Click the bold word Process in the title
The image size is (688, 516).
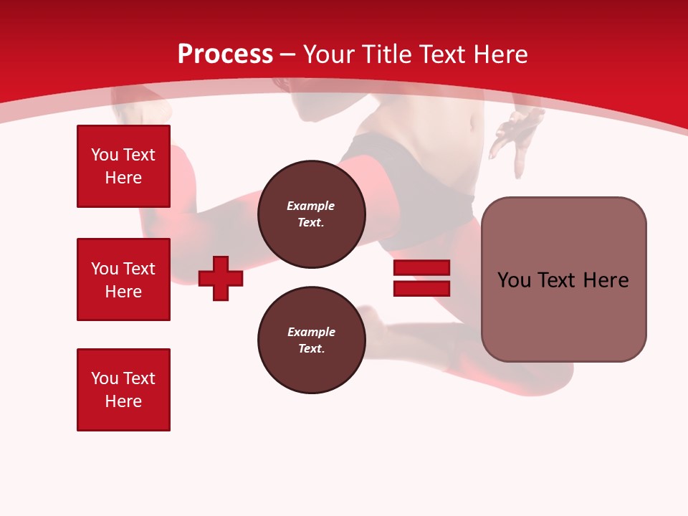click(225, 54)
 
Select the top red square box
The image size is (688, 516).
click(123, 166)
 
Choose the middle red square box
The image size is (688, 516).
click(123, 279)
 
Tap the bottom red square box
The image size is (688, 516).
click(123, 390)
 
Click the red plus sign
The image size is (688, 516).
click(221, 278)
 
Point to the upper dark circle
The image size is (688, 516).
click(311, 214)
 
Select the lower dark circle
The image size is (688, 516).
click(311, 340)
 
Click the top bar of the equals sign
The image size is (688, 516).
click(421, 268)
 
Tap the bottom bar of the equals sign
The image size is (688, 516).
click(421, 288)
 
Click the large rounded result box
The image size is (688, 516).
click(563, 279)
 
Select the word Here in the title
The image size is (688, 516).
click(500, 54)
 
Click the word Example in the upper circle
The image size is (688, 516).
click(311, 206)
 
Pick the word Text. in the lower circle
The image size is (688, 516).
click(311, 349)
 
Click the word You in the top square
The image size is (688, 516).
click(104, 155)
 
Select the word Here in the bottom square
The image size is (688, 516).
click(123, 401)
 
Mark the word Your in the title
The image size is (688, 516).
click(329, 54)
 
